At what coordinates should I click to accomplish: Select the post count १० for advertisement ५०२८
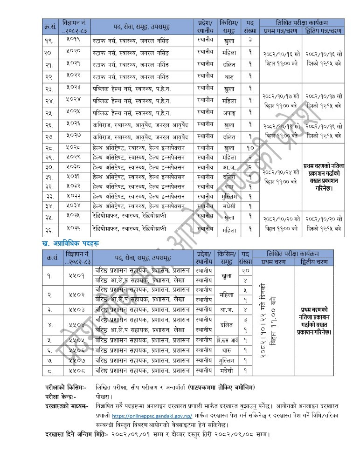pos(250,148)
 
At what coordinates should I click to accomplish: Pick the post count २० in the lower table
pos(246,270)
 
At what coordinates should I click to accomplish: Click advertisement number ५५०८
pos(77,371)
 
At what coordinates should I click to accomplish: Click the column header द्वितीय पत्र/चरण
pos(324,31)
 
